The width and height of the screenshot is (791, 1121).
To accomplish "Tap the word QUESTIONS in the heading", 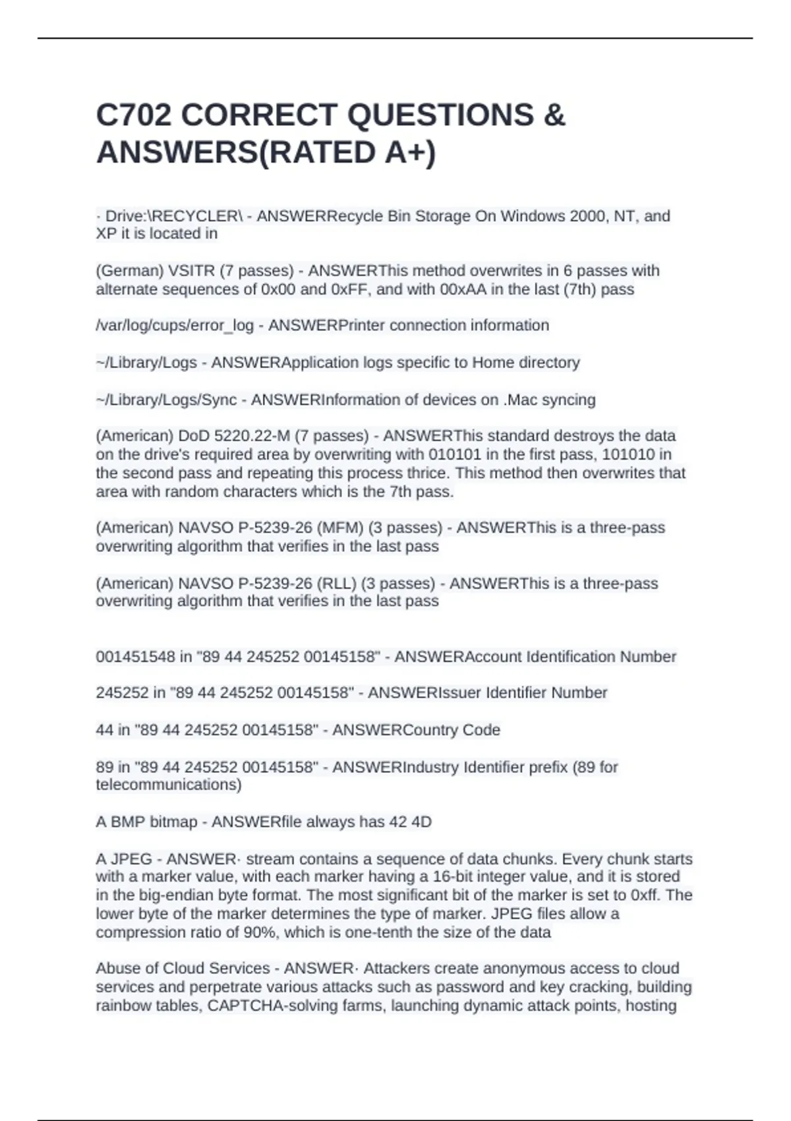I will (x=440, y=115).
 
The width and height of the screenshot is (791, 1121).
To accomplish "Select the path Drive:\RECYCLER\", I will (x=174, y=216).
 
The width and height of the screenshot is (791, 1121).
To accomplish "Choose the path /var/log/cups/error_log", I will (x=175, y=326).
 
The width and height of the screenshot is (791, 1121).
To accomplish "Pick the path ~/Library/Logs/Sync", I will (x=166, y=400).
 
